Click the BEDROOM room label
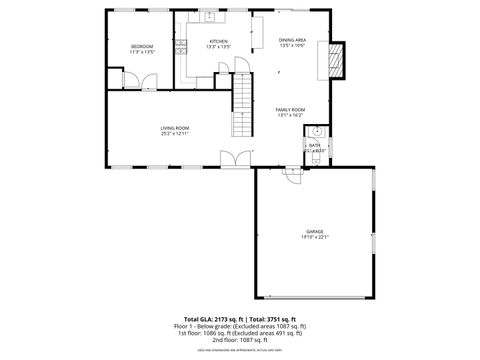point(142,47)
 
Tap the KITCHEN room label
point(218,41)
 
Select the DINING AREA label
point(292,40)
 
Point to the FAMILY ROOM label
point(290,109)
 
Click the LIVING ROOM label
point(175,128)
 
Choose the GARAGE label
point(314,231)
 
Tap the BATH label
point(314,145)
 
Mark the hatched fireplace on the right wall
point(337,60)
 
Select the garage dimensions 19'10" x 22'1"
point(314,237)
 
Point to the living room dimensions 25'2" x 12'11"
point(175,134)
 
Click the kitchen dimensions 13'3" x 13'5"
point(218,47)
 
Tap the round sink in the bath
point(316,131)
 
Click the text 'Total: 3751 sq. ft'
point(279,318)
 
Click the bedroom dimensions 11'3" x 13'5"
point(142,53)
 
